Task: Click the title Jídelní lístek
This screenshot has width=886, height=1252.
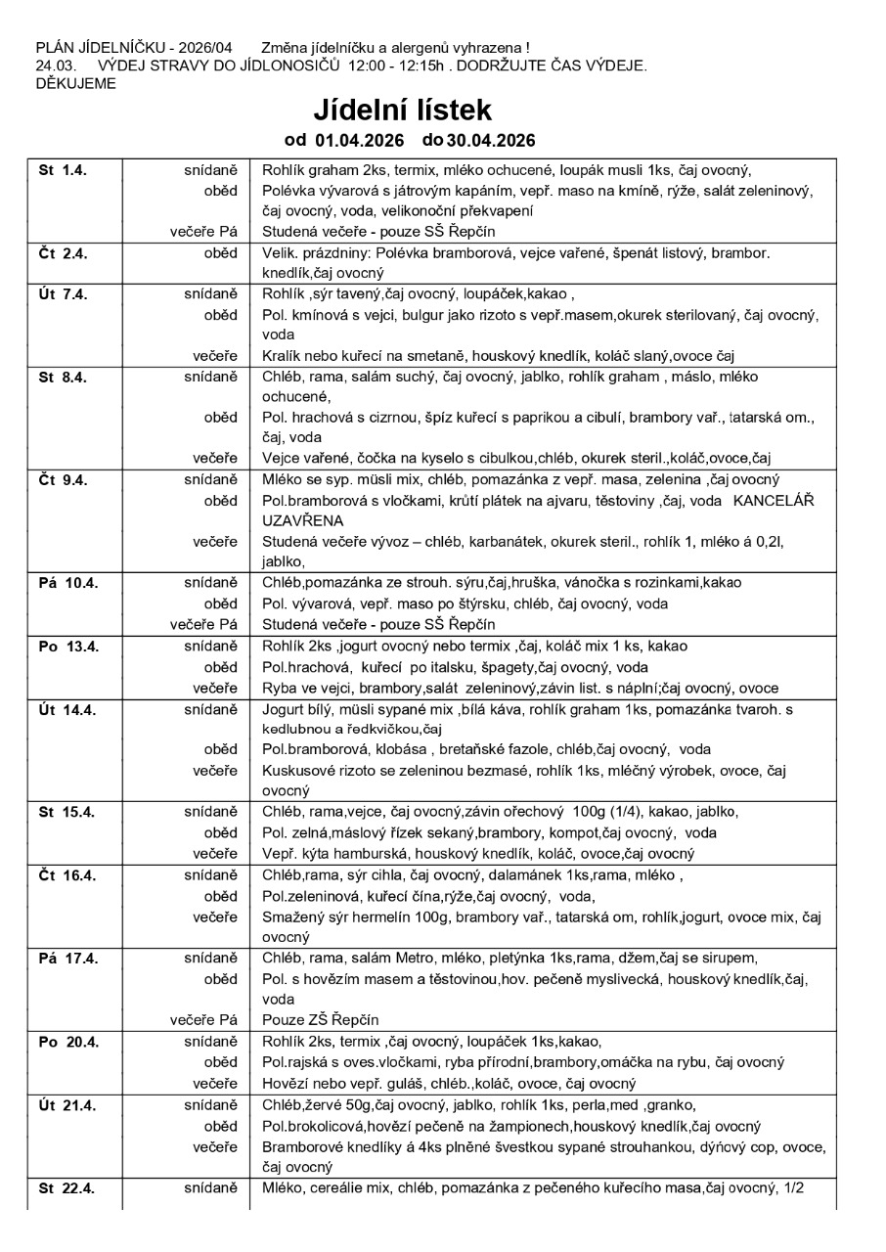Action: click(402, 109)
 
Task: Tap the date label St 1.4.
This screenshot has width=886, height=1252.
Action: click(63, 169)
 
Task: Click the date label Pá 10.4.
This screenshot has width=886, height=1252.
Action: click(67, 582)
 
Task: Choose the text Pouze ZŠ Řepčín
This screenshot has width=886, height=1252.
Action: click(320, 1020)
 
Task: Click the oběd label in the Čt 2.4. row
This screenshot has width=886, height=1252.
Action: click(221, 252)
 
